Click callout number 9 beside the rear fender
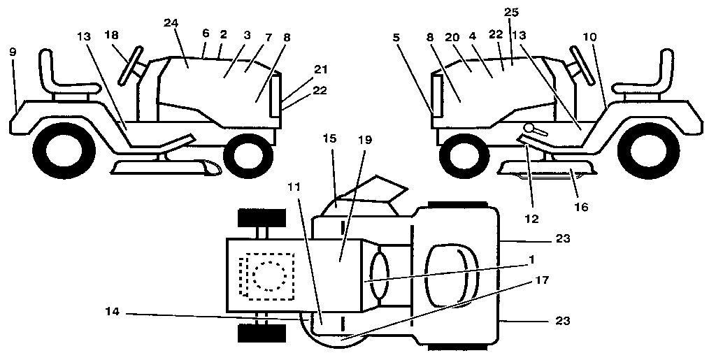pyautogui.click(x=12, y=52)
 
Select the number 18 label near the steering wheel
pyautogui.click(x=111, y=34)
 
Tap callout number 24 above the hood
pyautogui.click(x=171, y=23)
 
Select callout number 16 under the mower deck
pyautogui.click(x=581, y=207)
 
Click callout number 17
pyautogui.click(x=543, y=280)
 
